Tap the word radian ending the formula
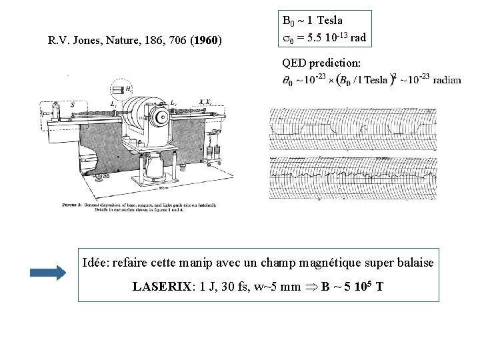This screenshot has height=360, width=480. tap(447, 80)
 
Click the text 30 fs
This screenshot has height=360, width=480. tap(240, 287)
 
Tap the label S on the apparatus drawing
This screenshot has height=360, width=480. tap(71, 105)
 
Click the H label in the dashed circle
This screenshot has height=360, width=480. tap(127, 89)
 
